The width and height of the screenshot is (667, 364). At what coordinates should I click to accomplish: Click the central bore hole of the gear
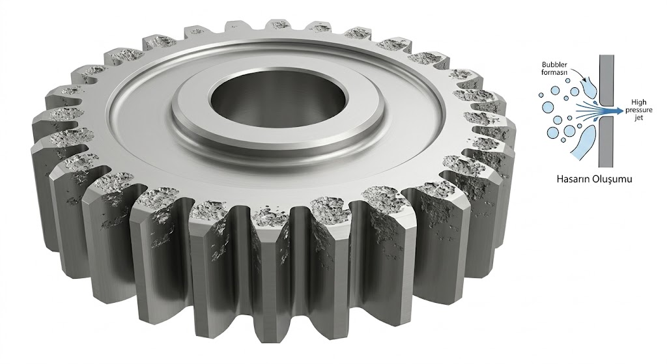point(278,102)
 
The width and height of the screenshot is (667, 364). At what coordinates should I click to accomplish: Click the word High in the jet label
point(639,102)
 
